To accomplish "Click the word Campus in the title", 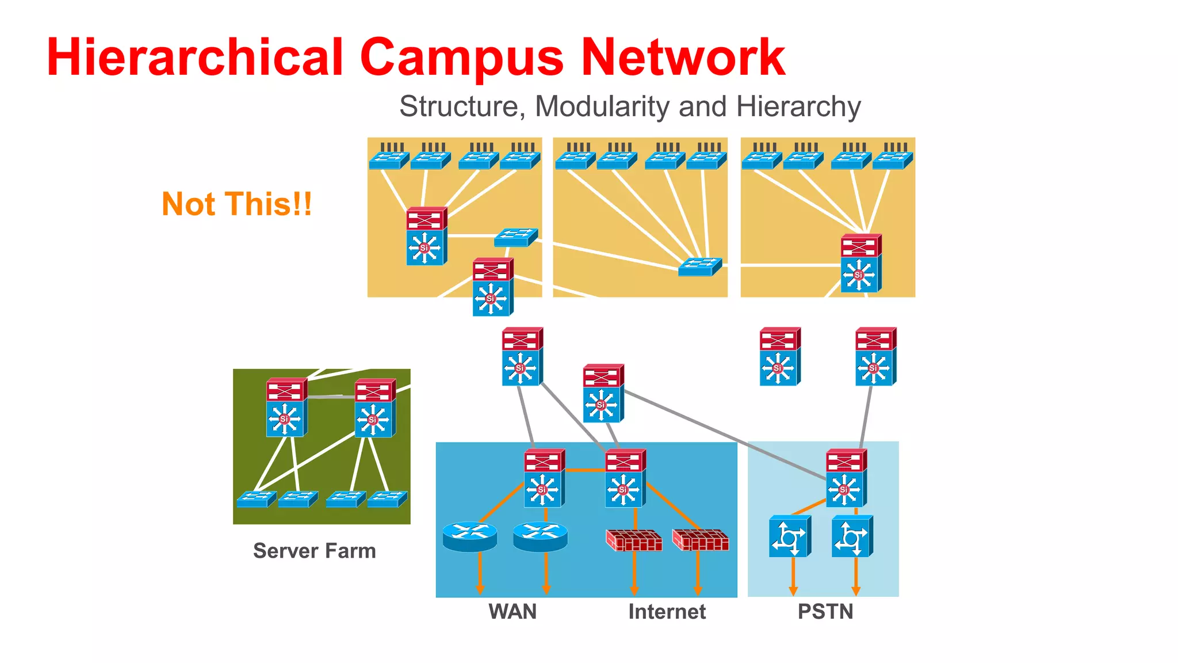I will tap(461, 58).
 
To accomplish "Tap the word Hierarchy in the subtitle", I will tap(798, 107).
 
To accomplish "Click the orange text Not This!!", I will tap(236, 204).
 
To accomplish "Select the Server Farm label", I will tap(315, 551).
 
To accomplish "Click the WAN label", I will tap(512, 611).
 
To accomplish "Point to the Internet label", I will tap(667, 611).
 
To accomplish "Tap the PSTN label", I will tap(825, 611).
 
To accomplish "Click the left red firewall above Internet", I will tap(634, 540).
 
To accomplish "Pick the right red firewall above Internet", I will tap(701, 540).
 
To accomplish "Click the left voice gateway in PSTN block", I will tap(790, 536).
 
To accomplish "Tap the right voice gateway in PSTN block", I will tap(852, 536).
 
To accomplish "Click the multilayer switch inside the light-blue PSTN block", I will tap(846, 478).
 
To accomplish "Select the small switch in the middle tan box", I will tap(699, 267).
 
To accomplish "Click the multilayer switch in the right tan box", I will tap(860, 263).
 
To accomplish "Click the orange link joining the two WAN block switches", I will tap(584, 470).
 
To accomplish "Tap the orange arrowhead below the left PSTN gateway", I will tap(793, 590).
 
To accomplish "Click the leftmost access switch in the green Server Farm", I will tap(256, 499).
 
